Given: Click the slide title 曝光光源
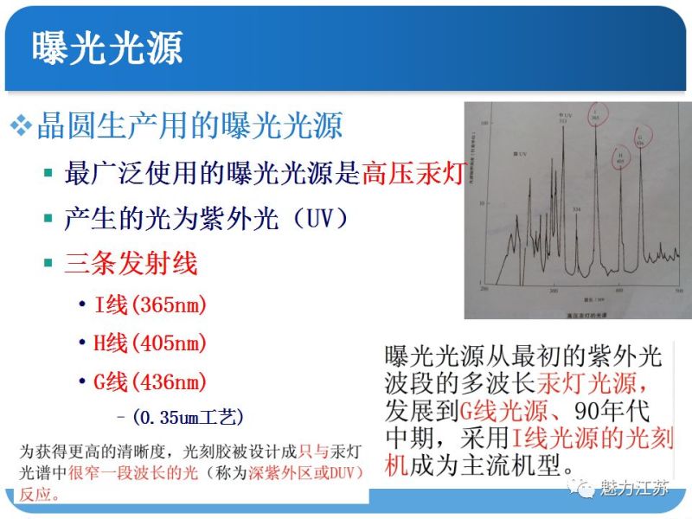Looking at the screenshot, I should (x=107, y=48).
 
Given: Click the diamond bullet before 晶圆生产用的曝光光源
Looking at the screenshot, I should (x=20, y=126).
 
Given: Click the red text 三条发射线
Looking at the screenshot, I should (x=131, y=263).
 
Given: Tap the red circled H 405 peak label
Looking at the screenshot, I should (x=620, y=157).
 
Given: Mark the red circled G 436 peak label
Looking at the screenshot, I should (x=641, y=138).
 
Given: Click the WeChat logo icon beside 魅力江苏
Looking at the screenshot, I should (x=587, y=489).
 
